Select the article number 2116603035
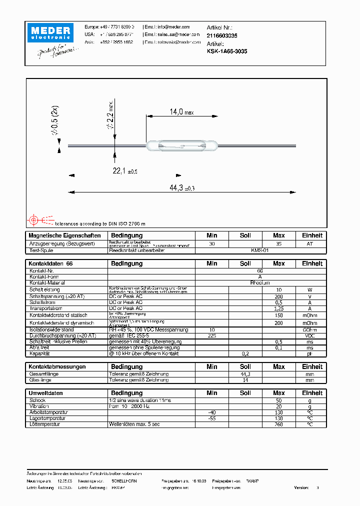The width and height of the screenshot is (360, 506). click(x=221, y=36)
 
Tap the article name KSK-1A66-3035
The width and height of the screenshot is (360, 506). click(x=226, y=51)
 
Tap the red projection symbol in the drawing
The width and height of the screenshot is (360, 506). click(x=34, y=219)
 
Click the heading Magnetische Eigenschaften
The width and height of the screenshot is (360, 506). click(x=64, y=235)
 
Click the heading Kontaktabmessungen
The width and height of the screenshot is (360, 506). click(x=57, y=367)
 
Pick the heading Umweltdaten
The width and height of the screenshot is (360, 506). click(x=45, y=393)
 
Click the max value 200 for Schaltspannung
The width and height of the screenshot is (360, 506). click(x=278, y=296)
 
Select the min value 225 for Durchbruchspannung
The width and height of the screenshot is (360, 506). click(x=211, y=335)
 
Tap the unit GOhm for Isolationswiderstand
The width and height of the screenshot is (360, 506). click(x=312, y=329)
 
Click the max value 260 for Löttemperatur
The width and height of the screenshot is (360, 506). click(x=278, y=424)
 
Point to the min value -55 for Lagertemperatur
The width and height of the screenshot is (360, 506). click(x=211, y=418)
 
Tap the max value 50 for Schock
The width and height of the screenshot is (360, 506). click(x=278, y=400)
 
